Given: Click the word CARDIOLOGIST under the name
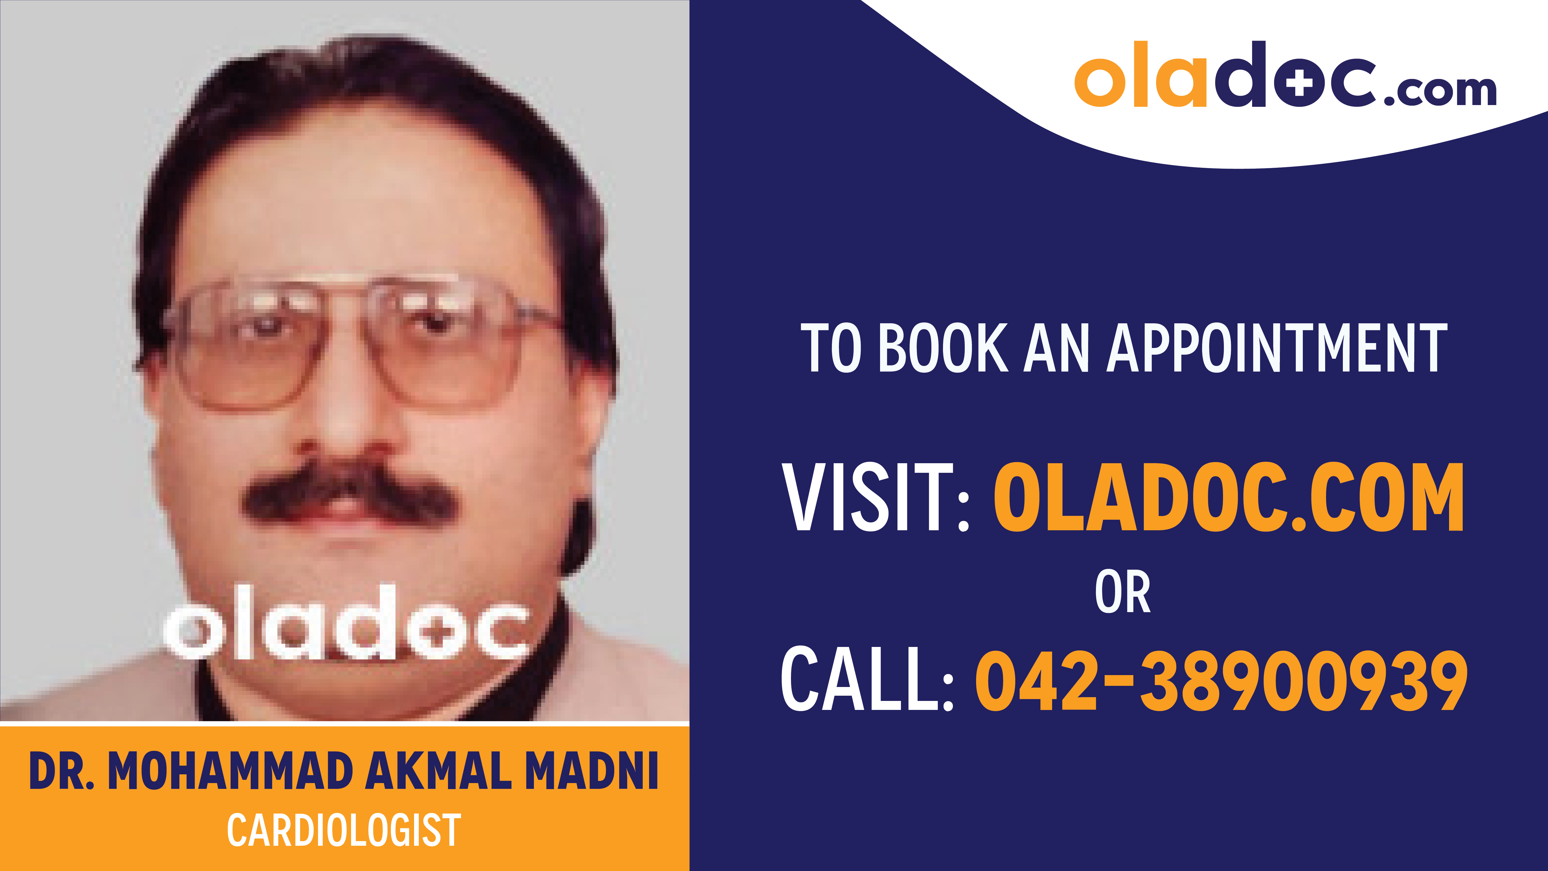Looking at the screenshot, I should tap(344, 830).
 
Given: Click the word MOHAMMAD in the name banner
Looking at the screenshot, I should tap(230, 771).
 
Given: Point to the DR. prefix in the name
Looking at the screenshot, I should tap(61, 771).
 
